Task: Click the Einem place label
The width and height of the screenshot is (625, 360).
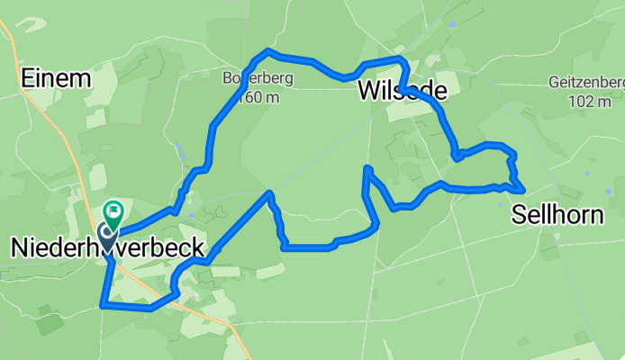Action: (57, 78)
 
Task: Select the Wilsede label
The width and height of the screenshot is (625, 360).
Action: (403, 91)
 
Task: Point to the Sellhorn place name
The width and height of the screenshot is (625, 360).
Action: (567, 214)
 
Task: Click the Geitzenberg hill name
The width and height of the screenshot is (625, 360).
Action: (585, 83)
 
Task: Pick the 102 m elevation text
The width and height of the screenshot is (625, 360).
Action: (590, 101)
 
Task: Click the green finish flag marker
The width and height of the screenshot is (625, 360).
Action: (113, 212)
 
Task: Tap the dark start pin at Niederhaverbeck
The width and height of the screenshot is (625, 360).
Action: (106, 236)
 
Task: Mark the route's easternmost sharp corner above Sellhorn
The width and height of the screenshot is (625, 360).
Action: (524, 190)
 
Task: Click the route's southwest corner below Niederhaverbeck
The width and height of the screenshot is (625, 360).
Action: (102, 305)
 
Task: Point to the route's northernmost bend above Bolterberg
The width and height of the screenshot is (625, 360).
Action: (267, 50)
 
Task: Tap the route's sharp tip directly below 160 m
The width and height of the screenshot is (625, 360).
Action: (269, 193)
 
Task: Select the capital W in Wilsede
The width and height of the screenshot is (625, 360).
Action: (368, 91)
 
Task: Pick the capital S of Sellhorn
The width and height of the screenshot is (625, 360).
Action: (519, 214)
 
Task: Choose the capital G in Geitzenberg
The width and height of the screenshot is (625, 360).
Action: (552, 83)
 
